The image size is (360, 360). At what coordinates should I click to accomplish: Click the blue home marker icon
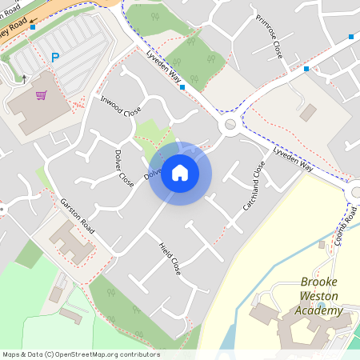coord(180,173)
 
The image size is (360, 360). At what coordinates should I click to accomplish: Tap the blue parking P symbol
coord(55,57)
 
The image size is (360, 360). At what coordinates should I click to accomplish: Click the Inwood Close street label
coord(121,107)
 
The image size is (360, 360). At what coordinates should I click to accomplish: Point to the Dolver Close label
coord(124,169)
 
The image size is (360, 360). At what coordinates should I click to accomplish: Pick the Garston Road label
coord(78,216)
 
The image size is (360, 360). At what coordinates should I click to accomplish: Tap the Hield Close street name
coord(170,258)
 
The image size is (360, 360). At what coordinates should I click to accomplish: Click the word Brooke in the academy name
coord(319,282)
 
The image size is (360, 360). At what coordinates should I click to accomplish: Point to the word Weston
coord(318,296)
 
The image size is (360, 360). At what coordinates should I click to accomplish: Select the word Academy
coord(317,310)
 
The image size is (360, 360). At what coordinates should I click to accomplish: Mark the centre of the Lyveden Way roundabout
coord(230,124)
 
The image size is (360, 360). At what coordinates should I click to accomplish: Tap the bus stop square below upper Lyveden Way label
coord(183,86)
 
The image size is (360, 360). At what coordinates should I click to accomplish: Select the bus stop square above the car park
coord(33,27)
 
